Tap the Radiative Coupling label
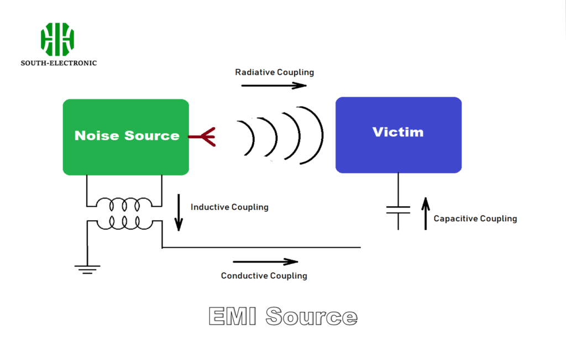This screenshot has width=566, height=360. (x=274, y=72)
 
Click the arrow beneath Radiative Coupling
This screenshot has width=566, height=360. (x=274, y=86)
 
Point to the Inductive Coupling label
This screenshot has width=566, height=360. (x=229, y=207)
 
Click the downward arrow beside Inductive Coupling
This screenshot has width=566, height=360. (x=179, y=212)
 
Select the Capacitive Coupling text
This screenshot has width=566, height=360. (x=475, y=218)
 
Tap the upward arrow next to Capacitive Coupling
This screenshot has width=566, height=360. (x=425, y=214)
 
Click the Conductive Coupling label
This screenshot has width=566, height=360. (x=264, y=275)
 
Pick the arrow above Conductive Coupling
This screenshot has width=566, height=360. (x=265, y=262)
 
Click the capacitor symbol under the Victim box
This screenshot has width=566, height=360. (x=398, y=210)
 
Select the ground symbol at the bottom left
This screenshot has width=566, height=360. (x=87, y=269)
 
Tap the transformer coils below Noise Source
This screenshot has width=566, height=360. (x=124, y=213)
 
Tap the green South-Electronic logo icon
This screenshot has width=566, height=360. (x=57, y=39)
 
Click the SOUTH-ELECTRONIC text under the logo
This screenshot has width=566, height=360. (x=59, y=63)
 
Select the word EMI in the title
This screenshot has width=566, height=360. (x=233, y=317)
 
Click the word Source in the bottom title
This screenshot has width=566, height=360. (x=311, y=317)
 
